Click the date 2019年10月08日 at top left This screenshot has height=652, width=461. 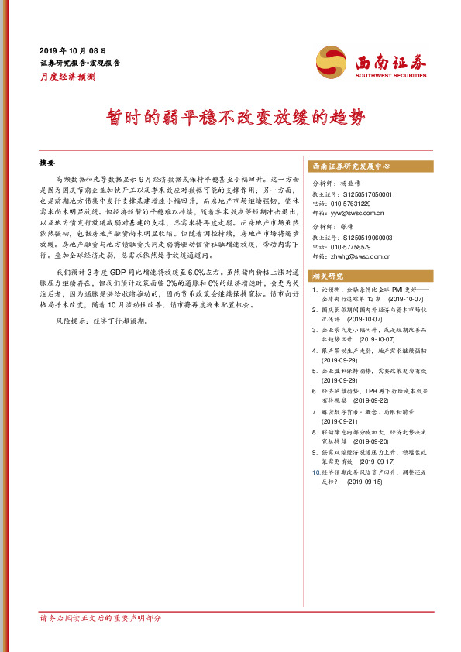(77, 48)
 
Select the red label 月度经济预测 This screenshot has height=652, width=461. (67, 77)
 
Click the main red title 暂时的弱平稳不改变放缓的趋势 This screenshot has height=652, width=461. (231, 118)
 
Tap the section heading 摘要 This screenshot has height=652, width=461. (48, 163)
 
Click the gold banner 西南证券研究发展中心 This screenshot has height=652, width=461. (351, 166)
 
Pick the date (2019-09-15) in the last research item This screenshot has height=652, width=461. (364, 481)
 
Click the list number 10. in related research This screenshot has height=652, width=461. (314, 471)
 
